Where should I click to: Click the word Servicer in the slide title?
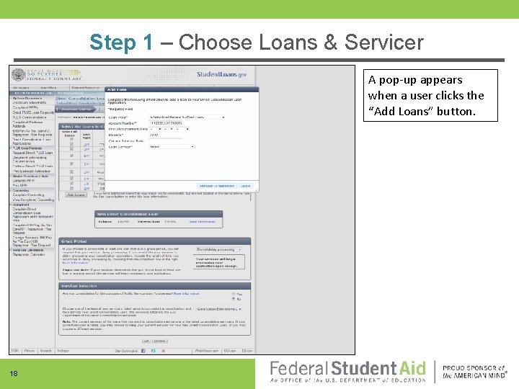click(x=384, y=43)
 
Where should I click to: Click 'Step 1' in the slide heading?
click(x=121, y=43)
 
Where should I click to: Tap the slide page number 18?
click(x=14, y=373)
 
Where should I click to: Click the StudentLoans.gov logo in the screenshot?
click(x=222, y=75)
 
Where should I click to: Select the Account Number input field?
click(x=169, y=123)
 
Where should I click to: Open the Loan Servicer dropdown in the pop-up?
click(x=171, y=146)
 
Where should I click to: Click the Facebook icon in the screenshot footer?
click(x=143, y=351)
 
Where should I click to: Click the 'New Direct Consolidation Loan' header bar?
click(x=173, y=214)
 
